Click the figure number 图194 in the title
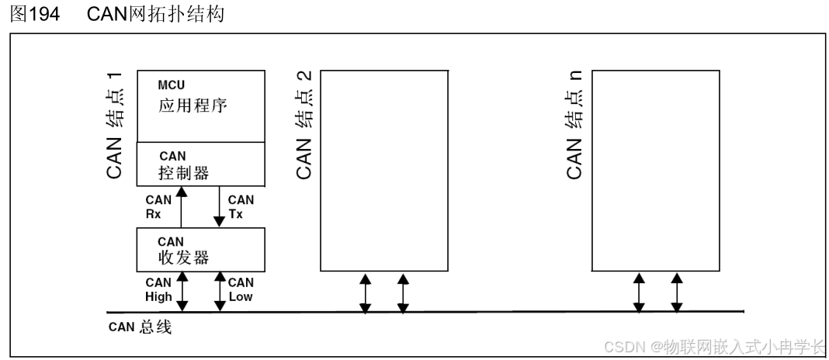click(x=34, y=14)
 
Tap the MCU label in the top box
click(x=172, y=85)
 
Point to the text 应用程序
click(x=193, y=105)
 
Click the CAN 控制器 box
click(x=200, y=164)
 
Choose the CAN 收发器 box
click(x=200, y=248)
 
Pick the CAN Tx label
click(x=241, y=206)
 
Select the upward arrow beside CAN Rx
click(x=182, y=206)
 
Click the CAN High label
click(x=159, y=289)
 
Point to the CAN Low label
click(x=241, y=289)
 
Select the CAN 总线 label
click(x=140, y=327)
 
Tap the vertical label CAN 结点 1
click(x=114, y=125)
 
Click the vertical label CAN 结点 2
click(x=305, y=125)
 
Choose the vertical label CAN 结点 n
click(x=575, y=125)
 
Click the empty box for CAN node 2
click(x=384, y=171)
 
